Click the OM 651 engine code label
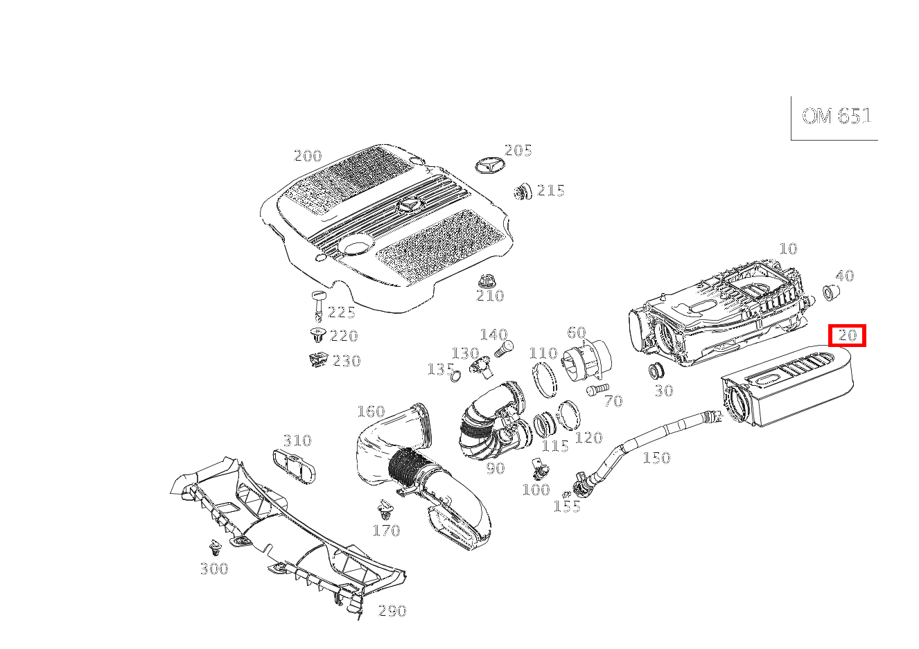(x=836, y=116)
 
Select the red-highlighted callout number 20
(x=848, y=336)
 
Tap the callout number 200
(x=308, y=156)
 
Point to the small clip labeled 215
(x=523, y=191)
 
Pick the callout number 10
(x=788, y=249)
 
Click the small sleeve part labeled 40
(x=830, y=293)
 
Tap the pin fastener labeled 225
(x=318, y=303)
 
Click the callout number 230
(x=347, y=361)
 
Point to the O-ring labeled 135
(x=455, y=376)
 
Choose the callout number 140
(x=493, y=335)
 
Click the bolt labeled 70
(x=596, y=391)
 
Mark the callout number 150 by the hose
(x=656, y=457)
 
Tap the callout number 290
(x=392, y=611)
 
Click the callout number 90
(x=495, y=468)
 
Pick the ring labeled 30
(x=656, y=371)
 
